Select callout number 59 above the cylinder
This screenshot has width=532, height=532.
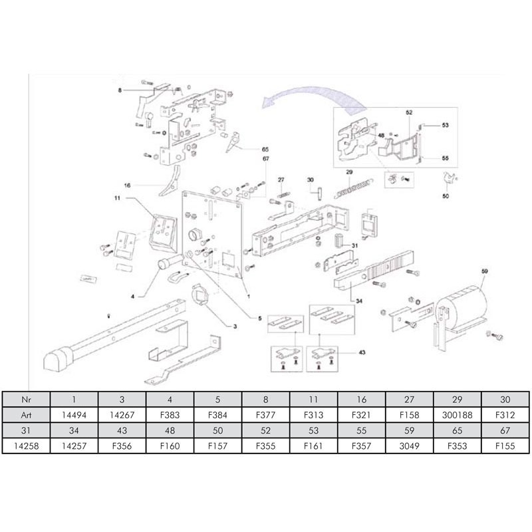[485, 271]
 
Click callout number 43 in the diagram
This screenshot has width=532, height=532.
[362, 352]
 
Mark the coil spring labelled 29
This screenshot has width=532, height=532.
[351, 186]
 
